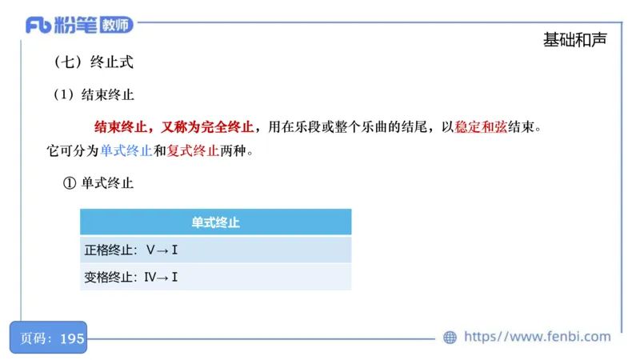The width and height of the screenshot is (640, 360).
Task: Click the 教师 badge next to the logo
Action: coord(115,25)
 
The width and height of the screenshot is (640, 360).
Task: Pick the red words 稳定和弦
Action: coord(480,126)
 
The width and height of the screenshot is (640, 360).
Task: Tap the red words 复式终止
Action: coord(193,150)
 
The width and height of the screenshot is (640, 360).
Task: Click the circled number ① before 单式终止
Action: coord(69,183)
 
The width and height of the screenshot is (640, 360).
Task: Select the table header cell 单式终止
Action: coord(215,222)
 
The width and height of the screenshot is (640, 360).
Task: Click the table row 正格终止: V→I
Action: coord(215,250)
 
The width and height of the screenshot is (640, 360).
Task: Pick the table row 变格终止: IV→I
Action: coord(215,278)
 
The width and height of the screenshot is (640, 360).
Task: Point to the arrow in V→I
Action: coord(162,250)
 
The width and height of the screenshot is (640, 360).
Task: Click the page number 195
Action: coord(72,338)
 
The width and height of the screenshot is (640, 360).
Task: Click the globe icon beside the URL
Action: coord(450,338)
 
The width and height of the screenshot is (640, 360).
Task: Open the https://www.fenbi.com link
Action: coord(537,337)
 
